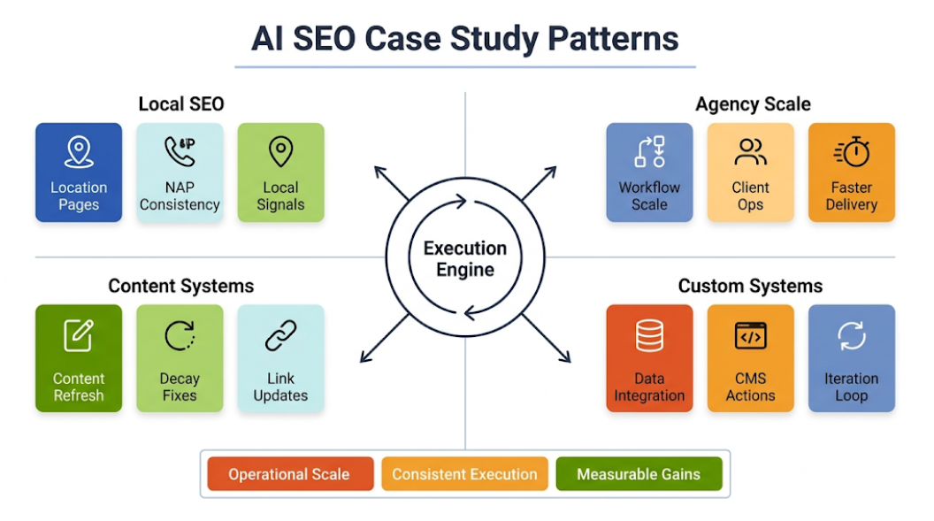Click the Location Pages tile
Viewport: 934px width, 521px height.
point(79,172)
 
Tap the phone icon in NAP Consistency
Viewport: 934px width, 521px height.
point(180,151)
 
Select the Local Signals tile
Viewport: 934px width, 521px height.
point(280,172)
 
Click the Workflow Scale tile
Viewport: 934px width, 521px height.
point(649,172)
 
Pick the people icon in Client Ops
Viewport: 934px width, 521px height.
point(750,152)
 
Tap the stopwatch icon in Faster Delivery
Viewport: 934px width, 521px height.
point(852,152)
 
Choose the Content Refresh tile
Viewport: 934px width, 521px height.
point(79,358)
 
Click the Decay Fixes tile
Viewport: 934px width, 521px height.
point(180,358)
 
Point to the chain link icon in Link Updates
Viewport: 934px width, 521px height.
point(280,336)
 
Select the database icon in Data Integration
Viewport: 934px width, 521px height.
point(649,336)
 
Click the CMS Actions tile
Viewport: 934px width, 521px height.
point(750,358)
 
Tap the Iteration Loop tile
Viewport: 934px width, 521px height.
point(852,358)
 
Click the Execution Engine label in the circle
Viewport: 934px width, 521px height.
point(465,258)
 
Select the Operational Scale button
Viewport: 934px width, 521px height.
point(289,474)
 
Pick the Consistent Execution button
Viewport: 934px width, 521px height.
point(464,474)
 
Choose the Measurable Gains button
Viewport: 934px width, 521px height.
point(639,474)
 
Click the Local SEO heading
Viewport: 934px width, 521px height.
point(181,104)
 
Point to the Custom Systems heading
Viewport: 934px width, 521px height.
point(750,286)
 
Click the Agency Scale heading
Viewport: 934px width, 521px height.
point(753,104)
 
